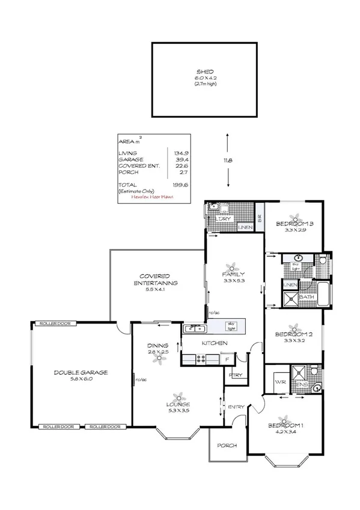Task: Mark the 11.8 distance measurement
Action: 228,161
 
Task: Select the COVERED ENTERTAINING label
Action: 155,279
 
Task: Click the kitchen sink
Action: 195,328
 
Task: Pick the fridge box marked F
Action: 227,359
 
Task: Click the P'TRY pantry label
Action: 234,376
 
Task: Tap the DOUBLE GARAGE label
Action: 81,372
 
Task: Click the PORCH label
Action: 228,446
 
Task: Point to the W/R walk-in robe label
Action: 279,382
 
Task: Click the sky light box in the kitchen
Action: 231,325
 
